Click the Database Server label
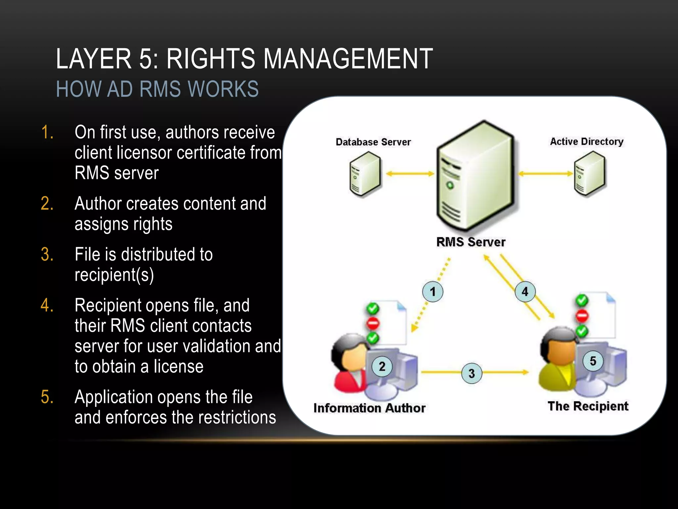click(x=373, y=142)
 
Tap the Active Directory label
click(x=587, y=141)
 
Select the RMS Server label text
click(x=471, y=242)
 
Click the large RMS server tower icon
click(x=475, y=176)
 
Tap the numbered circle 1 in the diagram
click(x=433, y=292)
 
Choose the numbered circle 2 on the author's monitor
click(x=382, y=367)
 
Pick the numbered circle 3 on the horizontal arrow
click(x=472, y=373)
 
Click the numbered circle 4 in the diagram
click(x=525, y=292)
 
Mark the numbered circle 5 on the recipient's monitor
click(x=593, y=361)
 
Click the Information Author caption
click(x=369, y=408)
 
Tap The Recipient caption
click(x=588, y=406)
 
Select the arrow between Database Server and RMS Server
click(x=410, y=174)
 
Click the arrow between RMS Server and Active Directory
click(x=545, y=174)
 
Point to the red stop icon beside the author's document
click(x=373, y=323)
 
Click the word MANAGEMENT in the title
click(x=348, y=59)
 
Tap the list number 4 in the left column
click(x=47, y=305)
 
